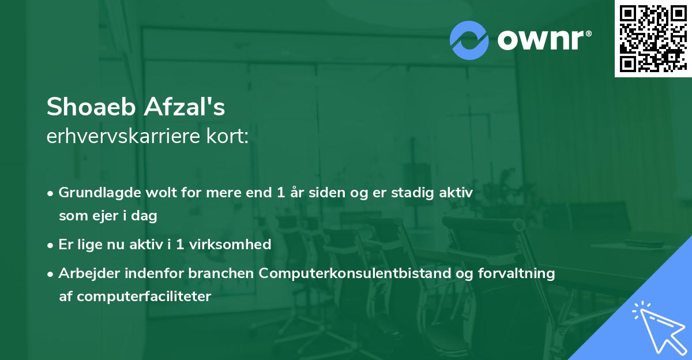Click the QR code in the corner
coord(653,39)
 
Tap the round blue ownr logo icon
coord(469,40)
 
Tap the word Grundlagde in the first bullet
coord(95,193)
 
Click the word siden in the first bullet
coord(314,193)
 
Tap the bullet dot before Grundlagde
coord(51,193)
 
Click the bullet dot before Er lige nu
coord(51,245)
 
